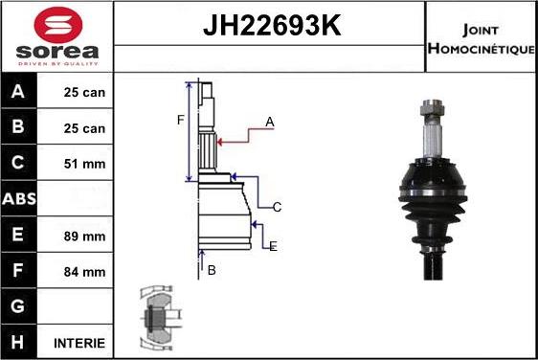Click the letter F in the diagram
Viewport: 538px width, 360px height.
tap(179, 120)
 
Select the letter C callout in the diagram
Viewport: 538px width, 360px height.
tap(277, 207)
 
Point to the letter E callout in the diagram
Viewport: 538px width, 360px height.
tap(273, 246)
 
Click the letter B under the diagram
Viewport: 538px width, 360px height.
tap(212, 270)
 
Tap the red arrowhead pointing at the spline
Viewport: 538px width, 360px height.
tap(222, 142)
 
